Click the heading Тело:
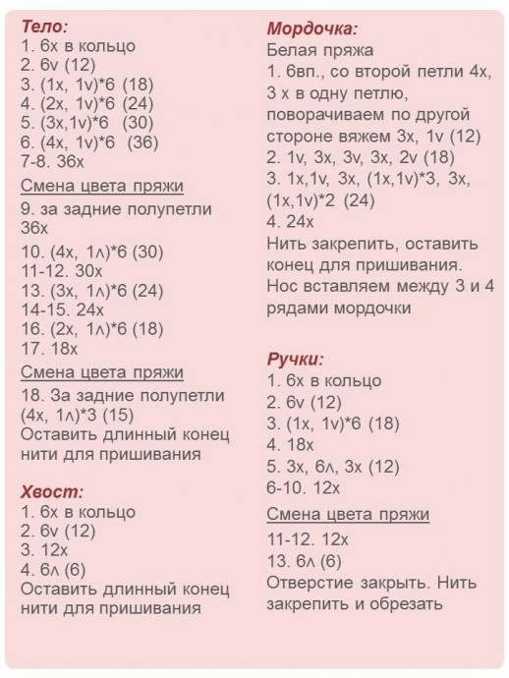(x=44, y=27)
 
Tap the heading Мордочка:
(x=311, y=29)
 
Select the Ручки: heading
(x=295, y=359)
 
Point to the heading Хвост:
(x=51, y=491)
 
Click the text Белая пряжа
(x=319, y=50)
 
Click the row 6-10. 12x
(x=303, y=487)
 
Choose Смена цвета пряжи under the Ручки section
(x=347, y=515)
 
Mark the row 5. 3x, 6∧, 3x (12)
(x=332, y=466)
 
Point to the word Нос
(x=282, y=286)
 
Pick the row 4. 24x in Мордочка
(x=291, y=221)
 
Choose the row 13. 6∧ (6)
(x=304, y=561)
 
